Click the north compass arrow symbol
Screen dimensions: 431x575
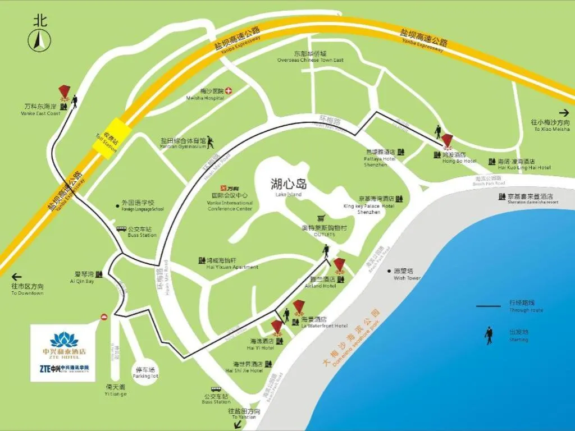point(40,40)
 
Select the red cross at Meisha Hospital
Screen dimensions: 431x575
point(229,91)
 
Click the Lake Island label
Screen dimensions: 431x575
point(289,185)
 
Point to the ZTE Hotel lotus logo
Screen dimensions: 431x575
point(61,339)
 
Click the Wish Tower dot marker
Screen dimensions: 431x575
point(389,270)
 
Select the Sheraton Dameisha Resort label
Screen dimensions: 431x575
point(530,197)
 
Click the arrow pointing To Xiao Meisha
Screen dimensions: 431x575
point(564,112)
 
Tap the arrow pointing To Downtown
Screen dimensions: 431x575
point(17,277)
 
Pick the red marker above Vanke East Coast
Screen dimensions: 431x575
point(65,91)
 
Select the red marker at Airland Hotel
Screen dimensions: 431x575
point(340,264)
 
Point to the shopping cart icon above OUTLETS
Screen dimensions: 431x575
point(321,218)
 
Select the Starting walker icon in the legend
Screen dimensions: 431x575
point(489,335)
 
